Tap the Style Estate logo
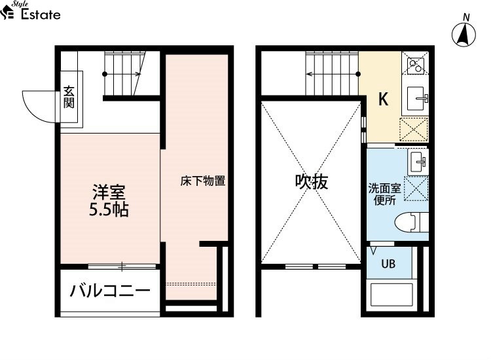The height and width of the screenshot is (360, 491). tap(31, 11)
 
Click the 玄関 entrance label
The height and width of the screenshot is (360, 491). tap(69, 97)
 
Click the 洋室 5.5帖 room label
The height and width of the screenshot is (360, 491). tap(109, 201)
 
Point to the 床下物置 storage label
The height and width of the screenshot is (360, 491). tap(203, 181)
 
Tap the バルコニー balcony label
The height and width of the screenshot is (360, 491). tap(110, 291)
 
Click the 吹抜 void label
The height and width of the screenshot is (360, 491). tap(312, 181)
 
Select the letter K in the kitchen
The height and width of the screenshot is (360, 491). tap(383, 99)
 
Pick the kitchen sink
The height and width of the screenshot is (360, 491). tap(415, 99)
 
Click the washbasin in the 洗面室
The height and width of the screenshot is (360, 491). tap(418, 162)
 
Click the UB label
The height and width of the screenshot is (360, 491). tap(388, 264)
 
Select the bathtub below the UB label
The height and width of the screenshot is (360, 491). tap(391, 295)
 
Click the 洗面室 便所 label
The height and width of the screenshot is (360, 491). tap(384, 194)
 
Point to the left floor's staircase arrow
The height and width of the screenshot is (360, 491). tap(122, 74)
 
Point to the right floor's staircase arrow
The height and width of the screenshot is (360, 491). tap(333, 74)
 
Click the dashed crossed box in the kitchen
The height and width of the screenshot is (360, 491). tap(414, 130)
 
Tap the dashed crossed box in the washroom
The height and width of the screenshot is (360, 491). tap(416, 189)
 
